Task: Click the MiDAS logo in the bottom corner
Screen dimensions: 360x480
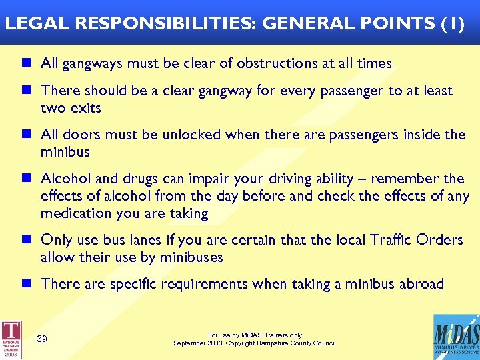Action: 455,337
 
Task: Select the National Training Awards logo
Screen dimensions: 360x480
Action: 11,339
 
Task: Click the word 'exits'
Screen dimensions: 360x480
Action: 85,108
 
